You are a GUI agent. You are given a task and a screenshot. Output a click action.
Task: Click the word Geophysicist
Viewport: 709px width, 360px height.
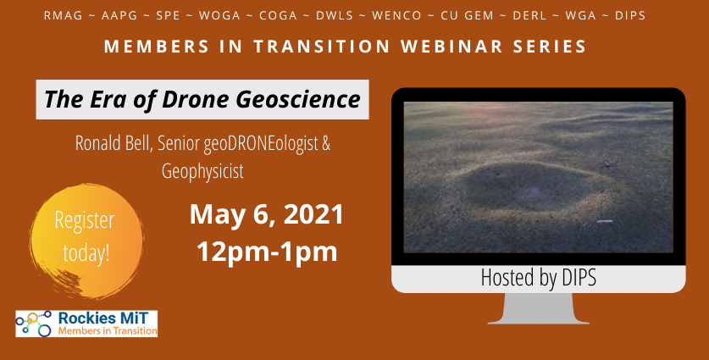(x=202, y=171)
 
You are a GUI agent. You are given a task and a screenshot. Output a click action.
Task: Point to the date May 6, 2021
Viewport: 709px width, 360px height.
(x=266, y=214)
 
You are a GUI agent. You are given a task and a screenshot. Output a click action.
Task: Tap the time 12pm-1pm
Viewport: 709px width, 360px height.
(x=266, y=252)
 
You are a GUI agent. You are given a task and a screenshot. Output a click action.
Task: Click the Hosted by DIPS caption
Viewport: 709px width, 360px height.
(x=538, y=277)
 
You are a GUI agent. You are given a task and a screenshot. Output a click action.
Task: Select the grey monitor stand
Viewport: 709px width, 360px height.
(x=538, y=308)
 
